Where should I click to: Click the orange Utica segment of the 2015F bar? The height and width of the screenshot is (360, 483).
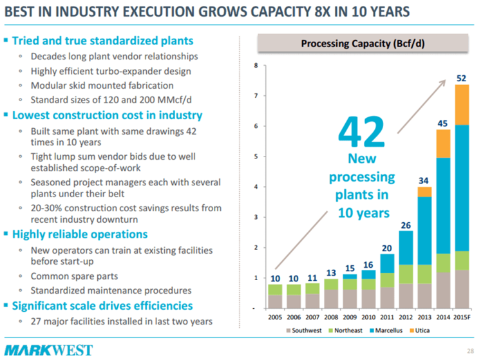pos(461,104)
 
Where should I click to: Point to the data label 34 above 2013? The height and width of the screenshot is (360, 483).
pos(424,179)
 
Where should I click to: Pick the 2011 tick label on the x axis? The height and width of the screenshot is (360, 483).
pos(386,317)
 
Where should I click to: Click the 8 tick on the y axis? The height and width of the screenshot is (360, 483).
pos(256,65)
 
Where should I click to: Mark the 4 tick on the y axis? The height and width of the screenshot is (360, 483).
pos(256,187)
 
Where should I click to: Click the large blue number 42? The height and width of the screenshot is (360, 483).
pos(361,132)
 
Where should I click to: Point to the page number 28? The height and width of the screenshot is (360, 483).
pos(469,351)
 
